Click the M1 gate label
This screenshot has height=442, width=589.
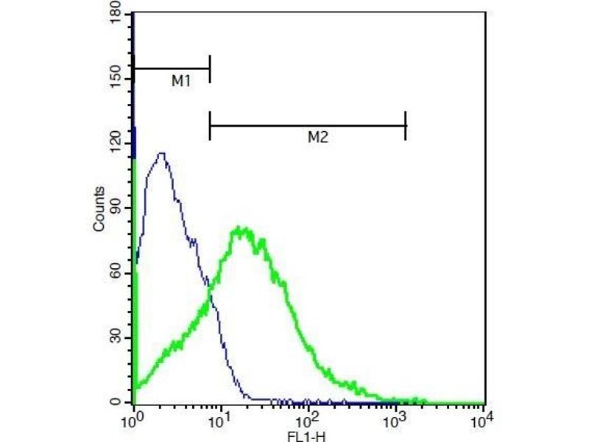click(x=181, y=82)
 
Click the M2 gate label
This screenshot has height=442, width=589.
click(x=317, y=137)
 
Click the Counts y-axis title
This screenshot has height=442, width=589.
click(x=99, y=208)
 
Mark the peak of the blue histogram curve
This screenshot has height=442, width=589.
click(x=161, y=153)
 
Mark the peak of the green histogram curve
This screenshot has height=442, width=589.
click(x=241, y=228)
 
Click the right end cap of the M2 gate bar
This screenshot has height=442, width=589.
click(x=406, y=126)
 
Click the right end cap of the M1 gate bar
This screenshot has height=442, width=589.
click(x=210, y=69)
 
